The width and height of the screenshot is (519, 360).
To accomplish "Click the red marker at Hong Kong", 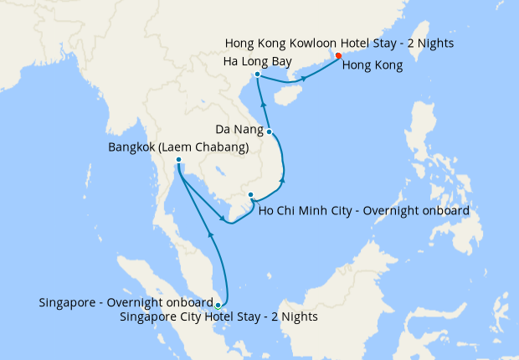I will coord(338,56).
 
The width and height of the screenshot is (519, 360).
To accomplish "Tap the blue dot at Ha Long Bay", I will coord(257,75).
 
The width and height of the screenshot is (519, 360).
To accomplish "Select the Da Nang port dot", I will coord(270,131).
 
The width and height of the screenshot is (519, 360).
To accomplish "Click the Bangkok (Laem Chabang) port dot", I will coord(179,160).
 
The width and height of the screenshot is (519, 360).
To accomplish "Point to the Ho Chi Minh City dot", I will coord(250,195).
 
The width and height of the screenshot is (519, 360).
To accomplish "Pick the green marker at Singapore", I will coord(218,305).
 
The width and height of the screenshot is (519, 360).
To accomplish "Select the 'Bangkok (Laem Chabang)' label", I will coord(178,147).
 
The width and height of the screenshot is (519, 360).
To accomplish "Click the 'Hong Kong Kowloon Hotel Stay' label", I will coord(338,43).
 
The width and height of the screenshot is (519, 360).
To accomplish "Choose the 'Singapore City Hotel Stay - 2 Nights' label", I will coord(218,316).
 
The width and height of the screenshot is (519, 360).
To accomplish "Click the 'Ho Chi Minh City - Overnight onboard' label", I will coord(363,210).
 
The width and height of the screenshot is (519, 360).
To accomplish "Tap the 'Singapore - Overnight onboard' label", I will coord(126,302).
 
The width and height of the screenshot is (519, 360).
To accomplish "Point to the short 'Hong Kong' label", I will coord(375,64).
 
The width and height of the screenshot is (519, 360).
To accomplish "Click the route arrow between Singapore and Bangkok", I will coord(210,236).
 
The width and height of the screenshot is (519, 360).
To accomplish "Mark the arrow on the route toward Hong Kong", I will coord(304,79).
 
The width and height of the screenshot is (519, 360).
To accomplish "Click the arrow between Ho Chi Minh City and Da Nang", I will coord(282,179).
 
